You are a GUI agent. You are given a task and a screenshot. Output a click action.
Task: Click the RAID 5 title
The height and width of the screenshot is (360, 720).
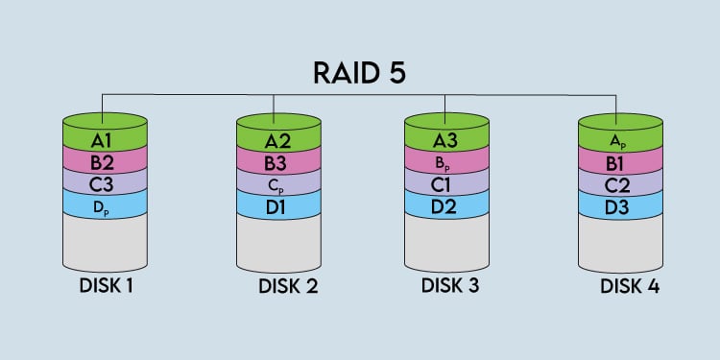[361, 72]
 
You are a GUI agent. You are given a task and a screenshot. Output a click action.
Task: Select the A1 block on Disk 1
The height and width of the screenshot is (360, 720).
[105, 140]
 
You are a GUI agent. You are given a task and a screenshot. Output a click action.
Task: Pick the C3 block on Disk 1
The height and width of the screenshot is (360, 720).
[105, 181]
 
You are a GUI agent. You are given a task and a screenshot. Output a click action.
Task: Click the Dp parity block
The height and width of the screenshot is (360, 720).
[105, 204]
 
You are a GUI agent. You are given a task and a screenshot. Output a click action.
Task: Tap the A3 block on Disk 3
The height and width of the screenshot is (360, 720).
[446, 140]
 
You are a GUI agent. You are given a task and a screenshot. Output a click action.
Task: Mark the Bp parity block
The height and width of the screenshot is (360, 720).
[446, 160]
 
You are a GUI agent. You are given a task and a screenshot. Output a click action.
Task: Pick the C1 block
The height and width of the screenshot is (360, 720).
[446, 181]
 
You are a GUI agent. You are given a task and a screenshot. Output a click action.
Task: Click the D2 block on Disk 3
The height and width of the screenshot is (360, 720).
[446, 204]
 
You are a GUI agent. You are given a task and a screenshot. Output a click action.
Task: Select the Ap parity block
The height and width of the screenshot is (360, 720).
[619, 140]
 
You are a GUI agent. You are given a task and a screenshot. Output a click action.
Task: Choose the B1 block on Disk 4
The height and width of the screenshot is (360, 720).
[619, 160]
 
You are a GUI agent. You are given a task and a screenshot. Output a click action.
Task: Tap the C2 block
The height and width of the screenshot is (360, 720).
[619, 181]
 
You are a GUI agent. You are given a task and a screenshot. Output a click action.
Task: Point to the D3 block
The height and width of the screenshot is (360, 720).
[619, 204]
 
